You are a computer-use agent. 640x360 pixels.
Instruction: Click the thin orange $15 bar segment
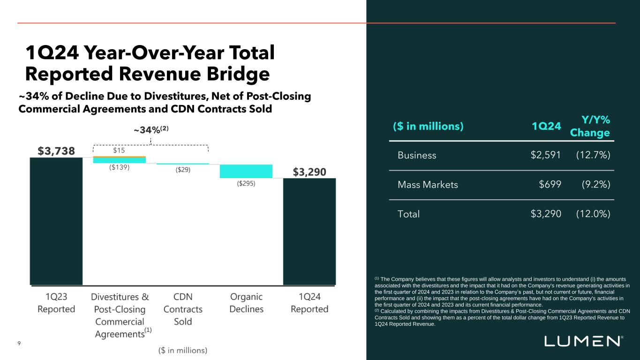[x=120, y=157]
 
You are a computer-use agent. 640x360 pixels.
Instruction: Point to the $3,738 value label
[x=56, y=150]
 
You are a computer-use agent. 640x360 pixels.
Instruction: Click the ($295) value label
[x=246, y=184]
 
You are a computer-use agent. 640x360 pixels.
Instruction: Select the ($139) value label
[x=119, y=167]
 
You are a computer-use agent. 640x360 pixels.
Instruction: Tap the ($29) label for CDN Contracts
[x=183, y=170]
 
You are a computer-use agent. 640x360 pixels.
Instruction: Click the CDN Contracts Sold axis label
[x=183, y=309]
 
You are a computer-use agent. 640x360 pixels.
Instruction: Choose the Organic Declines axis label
[x=246, y=303]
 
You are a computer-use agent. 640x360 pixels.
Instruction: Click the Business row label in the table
[x=417, y=155]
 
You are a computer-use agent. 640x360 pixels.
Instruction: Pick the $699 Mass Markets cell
[x=550, y=185]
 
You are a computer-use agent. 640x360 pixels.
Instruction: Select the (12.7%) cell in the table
[x=593, y=155]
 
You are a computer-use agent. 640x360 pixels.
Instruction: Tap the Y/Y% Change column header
[x=590, y=126]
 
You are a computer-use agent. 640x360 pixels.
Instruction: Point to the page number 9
[x=19, y=344]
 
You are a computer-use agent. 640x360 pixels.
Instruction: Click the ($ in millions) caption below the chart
[x=182, y=350]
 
